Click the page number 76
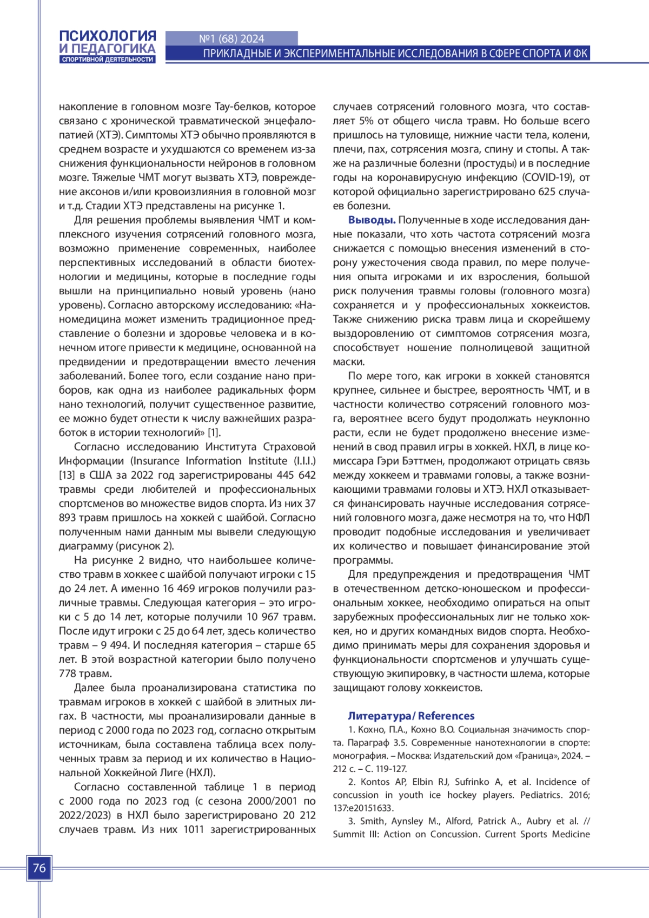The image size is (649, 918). point(39,868)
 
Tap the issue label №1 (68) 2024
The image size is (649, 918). point(231,39)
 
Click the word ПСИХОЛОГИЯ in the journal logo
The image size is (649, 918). point(108,36)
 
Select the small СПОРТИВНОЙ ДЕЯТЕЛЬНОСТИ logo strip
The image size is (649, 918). point(108,60)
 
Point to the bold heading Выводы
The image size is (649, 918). point(372,220)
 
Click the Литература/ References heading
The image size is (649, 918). point(411,716)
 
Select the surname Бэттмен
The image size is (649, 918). point(418,461)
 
